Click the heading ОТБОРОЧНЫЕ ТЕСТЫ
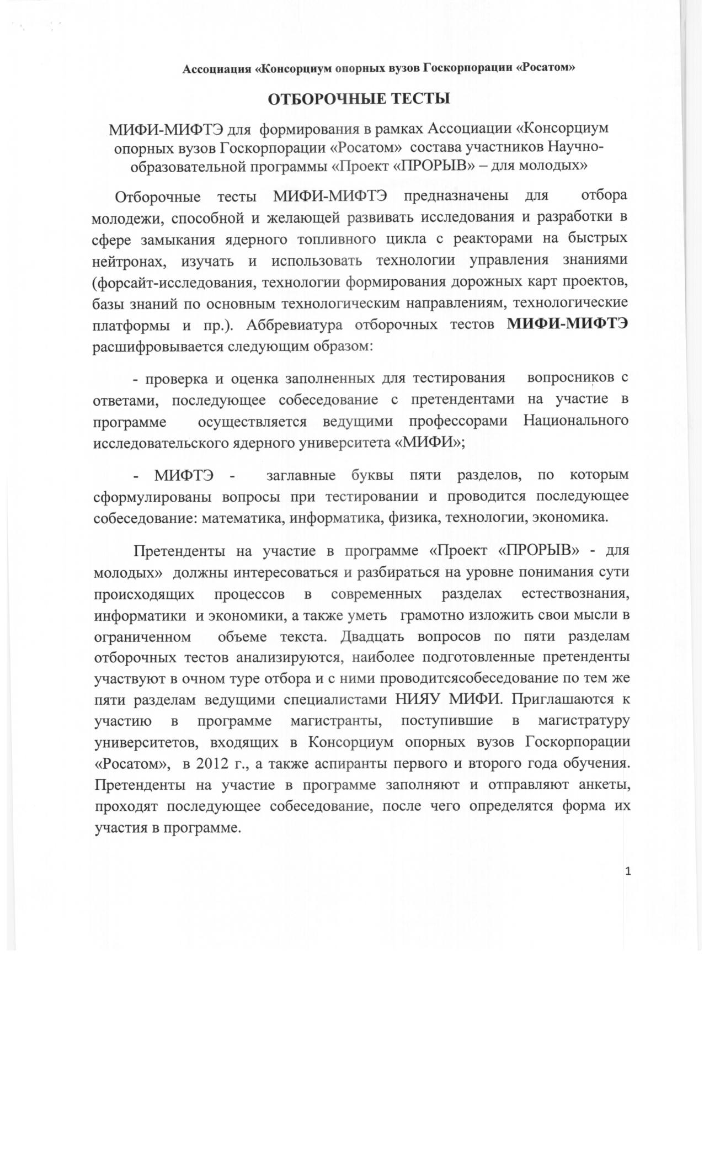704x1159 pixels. point(359,99)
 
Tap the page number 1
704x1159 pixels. point(628,871)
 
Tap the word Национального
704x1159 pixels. point(575,421)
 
